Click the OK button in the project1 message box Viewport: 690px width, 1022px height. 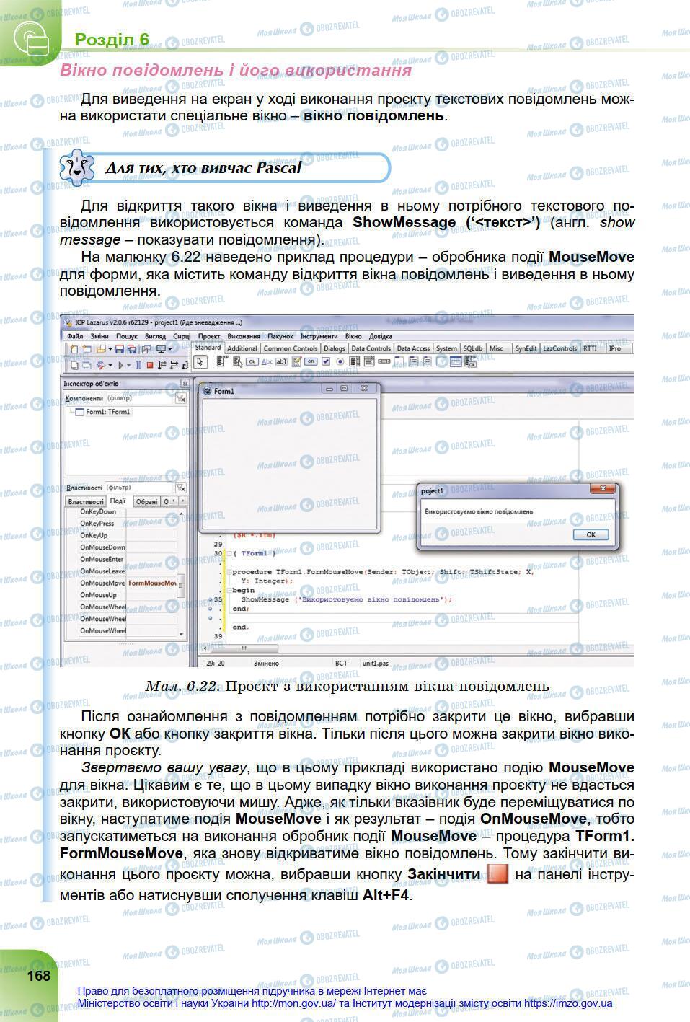[591, 534]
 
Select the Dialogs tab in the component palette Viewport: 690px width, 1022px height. [334, 348]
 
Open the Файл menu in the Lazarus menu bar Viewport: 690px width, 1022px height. [75, 336]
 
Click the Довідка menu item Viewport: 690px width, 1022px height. [381, 336]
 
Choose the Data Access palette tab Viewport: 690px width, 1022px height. [413, 348]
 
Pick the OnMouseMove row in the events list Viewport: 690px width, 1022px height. [102, 583]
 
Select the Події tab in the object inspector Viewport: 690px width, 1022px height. [118, 501]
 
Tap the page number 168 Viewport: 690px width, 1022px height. [39, 976]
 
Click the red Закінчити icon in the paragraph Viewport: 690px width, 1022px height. [497, 875]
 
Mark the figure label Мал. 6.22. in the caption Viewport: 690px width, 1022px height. [182, 686]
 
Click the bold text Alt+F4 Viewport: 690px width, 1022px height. [386, 895]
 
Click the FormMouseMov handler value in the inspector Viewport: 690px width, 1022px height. [152, 583]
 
